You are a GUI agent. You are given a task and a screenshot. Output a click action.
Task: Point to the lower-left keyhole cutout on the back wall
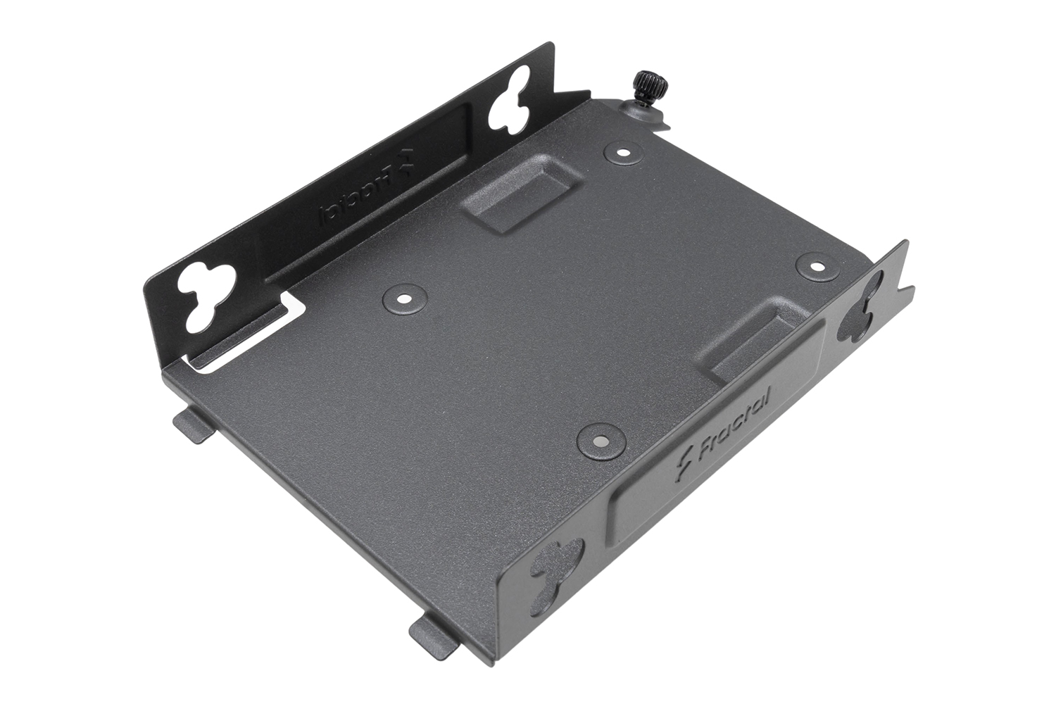click(208, 296)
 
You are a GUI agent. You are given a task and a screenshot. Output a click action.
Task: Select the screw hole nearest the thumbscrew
click(623, 152)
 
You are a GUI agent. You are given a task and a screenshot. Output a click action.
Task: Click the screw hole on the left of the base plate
click(404, 298)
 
